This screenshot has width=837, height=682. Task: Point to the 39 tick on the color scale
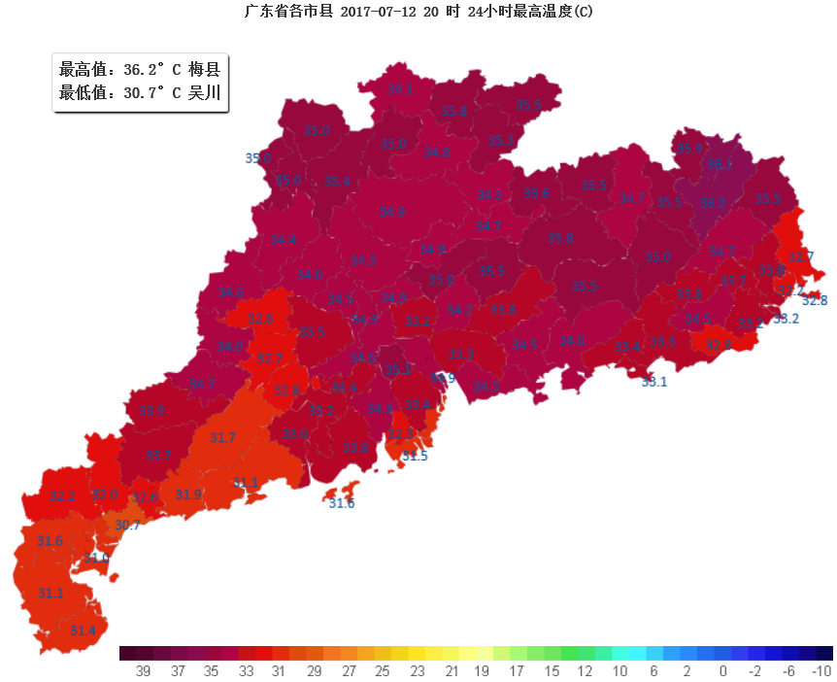143,671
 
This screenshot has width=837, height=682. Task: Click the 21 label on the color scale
452,671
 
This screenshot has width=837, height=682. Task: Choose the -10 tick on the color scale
820,671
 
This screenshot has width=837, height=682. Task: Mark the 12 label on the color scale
586,671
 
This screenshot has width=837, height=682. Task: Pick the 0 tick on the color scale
722,671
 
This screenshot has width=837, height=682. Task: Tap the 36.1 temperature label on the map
720,163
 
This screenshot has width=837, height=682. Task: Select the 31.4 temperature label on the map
84,631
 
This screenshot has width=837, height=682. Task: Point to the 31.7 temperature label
222,438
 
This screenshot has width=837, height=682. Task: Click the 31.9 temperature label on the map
188,494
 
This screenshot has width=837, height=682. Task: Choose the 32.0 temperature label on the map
105,495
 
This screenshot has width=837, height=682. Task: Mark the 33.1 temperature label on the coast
654,382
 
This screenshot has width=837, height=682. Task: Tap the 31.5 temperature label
416,456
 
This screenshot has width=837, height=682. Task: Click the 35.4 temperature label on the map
337,182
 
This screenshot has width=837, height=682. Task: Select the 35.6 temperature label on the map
536,193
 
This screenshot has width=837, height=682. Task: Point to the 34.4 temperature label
284,240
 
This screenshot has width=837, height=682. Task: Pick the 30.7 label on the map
127,526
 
